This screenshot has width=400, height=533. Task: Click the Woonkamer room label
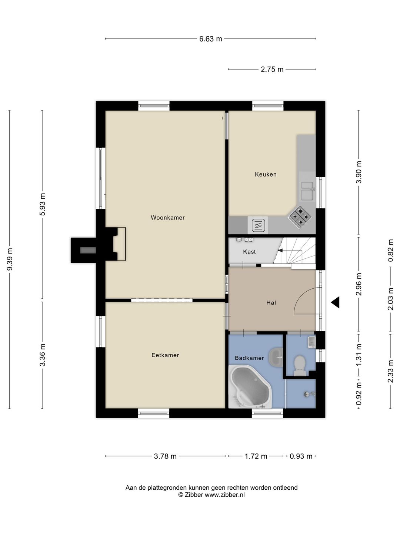pyautogui.click(x=167, y=218)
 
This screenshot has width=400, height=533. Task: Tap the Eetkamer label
pyautogui.click(x=165, y=355)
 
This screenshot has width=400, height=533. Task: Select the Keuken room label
pyautogui.click(x=266, y=174)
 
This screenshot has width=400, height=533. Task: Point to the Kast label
pyautogui.click(x=249, y=252)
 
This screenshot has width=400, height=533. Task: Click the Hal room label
pyautogui.click(x=271, y=303)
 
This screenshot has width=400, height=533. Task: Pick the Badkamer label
pyautogui.click(x=249, y=358)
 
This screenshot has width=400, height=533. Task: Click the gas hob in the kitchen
pyautogui.click(x=300, y=217)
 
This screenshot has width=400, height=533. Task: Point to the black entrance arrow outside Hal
pyautogui.click(x=335, y=302)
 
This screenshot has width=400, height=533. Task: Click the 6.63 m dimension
pyautogui.click(x=211, y=39)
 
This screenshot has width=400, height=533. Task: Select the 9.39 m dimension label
pyautogui.click(x=10, y=259)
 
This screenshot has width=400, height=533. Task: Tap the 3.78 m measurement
pyautogui.click(x=165, y=456)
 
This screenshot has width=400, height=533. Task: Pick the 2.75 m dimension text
pyautogui.click(x=272, y=70)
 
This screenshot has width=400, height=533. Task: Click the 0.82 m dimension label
pyautogui.click(x=390, y=251)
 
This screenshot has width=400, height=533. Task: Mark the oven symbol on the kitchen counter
pyautogui.click(x=258, y=225)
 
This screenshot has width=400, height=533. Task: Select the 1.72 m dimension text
pyautogui.click(x=256, y=456)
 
